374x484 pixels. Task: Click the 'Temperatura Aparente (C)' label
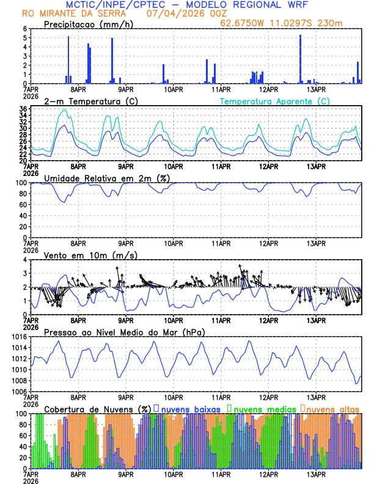pos(274,101)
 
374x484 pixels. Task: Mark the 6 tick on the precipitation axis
pos(25,29)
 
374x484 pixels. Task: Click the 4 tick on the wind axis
pos(25,260)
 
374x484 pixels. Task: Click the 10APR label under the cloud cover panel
pos(174,474)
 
